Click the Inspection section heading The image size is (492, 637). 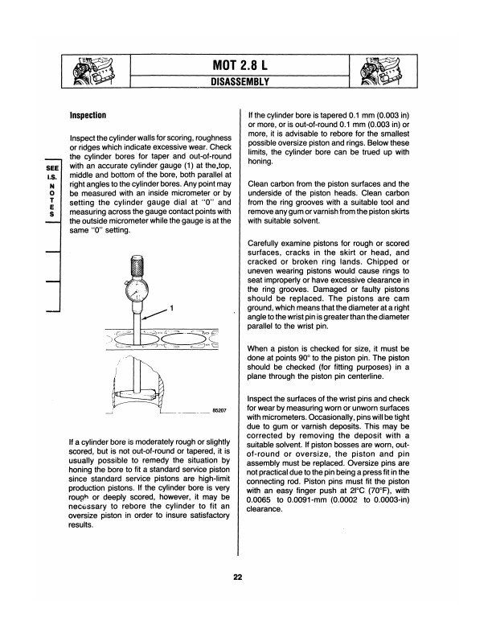click(95, 115)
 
